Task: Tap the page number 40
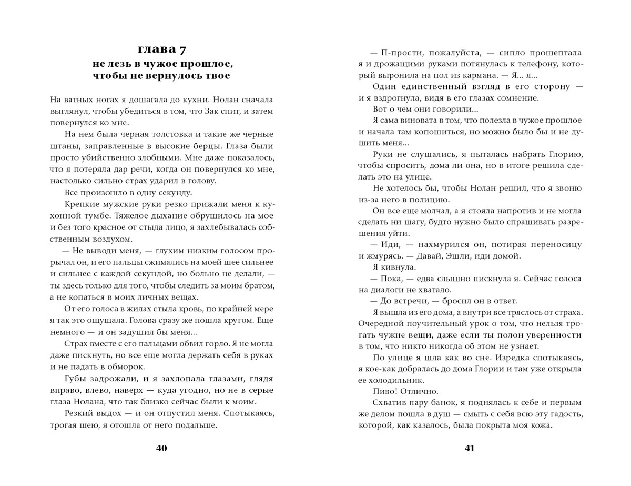[x=161, y=449]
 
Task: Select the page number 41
[x=470, y=449]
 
